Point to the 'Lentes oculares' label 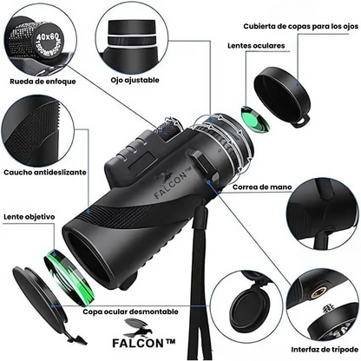(x=254, y=45)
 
